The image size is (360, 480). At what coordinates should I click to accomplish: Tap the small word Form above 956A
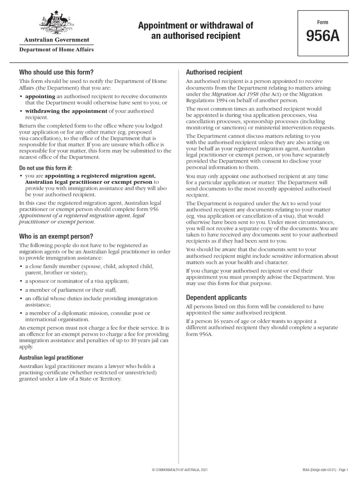(322, 22)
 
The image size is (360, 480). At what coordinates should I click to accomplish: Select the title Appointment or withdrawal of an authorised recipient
(195, 30)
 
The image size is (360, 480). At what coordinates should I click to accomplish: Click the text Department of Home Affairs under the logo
(56, 49)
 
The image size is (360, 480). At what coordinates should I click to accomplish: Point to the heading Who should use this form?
(56, 72)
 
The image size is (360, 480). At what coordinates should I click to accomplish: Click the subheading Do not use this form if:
(46, 167)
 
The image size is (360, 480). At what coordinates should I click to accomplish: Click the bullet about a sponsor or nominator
(76, 281)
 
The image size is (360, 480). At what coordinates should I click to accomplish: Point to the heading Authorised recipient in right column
(214, 72)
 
